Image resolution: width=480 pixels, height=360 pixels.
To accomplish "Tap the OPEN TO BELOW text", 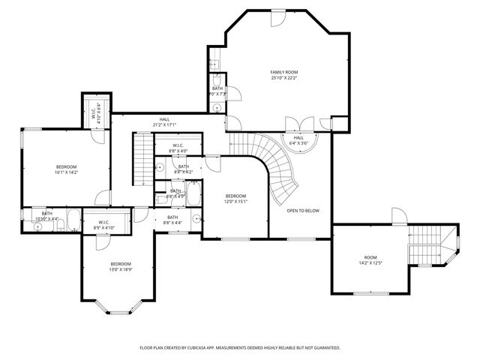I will tap(303, 210).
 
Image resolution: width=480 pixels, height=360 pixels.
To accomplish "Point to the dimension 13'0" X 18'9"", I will tap(121, 270).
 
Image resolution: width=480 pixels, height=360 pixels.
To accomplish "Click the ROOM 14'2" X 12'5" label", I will tap(370, 259).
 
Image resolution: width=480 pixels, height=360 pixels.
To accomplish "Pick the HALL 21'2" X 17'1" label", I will tap(164, 122).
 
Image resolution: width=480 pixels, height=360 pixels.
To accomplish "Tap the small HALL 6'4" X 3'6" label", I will tap(298, 140).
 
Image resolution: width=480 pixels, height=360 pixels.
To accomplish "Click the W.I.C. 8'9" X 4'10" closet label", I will tap(100, 223).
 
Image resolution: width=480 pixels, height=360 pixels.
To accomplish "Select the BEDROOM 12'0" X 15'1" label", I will tap(236, 198).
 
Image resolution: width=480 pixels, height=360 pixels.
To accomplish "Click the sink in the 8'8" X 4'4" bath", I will tap(195, 220).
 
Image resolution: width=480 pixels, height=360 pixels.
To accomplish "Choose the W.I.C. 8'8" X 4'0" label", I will tap(178, 148).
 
